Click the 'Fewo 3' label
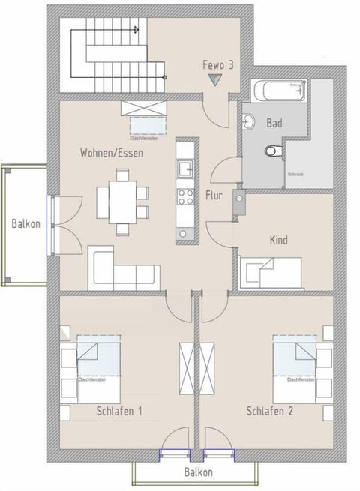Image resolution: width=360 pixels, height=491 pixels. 218,65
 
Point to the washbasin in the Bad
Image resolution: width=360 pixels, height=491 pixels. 249,121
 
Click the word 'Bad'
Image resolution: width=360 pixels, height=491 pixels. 274,123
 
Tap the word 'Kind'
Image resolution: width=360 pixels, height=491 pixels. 278,241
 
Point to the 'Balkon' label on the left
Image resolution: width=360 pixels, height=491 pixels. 25,224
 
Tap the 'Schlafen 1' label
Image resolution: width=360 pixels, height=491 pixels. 119,412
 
